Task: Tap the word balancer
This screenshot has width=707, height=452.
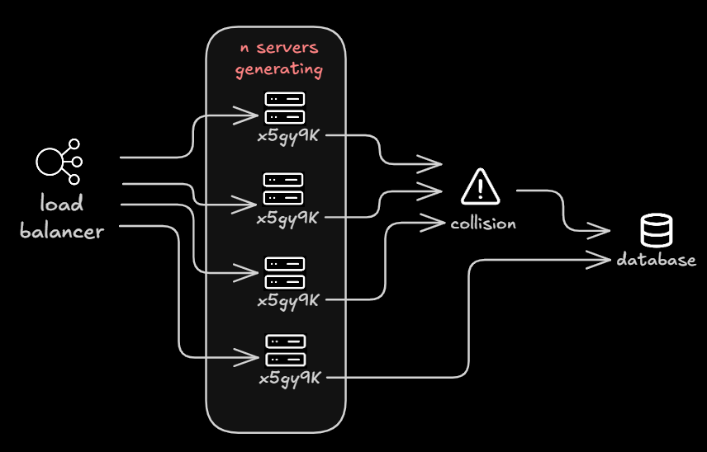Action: click(62, 231)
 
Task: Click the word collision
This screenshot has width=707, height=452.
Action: click(483, 223)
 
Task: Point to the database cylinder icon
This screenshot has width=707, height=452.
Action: click(657, 230)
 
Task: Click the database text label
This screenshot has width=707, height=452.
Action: click(657, 261)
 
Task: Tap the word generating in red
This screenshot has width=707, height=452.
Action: click(278, 69)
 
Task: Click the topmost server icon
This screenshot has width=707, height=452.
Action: click(285, 108)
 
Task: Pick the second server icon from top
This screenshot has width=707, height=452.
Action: click(284, 188)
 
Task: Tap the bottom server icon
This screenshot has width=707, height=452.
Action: click(286, 349)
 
